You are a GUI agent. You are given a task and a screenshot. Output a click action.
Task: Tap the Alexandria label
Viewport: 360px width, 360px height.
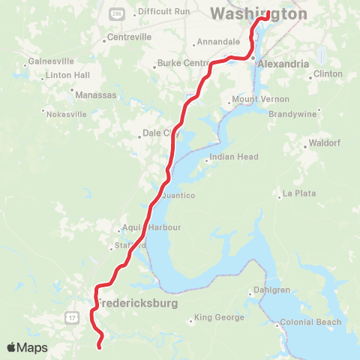(283, 64)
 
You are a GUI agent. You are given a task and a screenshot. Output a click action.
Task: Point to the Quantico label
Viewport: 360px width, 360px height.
(178, 196)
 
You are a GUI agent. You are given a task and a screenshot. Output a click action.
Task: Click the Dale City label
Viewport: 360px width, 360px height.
(161, 134)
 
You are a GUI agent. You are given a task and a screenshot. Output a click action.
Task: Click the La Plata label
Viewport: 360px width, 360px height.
(298, 193)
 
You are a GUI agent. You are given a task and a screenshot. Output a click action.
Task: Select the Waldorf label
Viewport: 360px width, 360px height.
(327, 145)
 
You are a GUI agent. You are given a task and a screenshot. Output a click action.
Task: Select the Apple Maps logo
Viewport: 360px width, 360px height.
(27, 347)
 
